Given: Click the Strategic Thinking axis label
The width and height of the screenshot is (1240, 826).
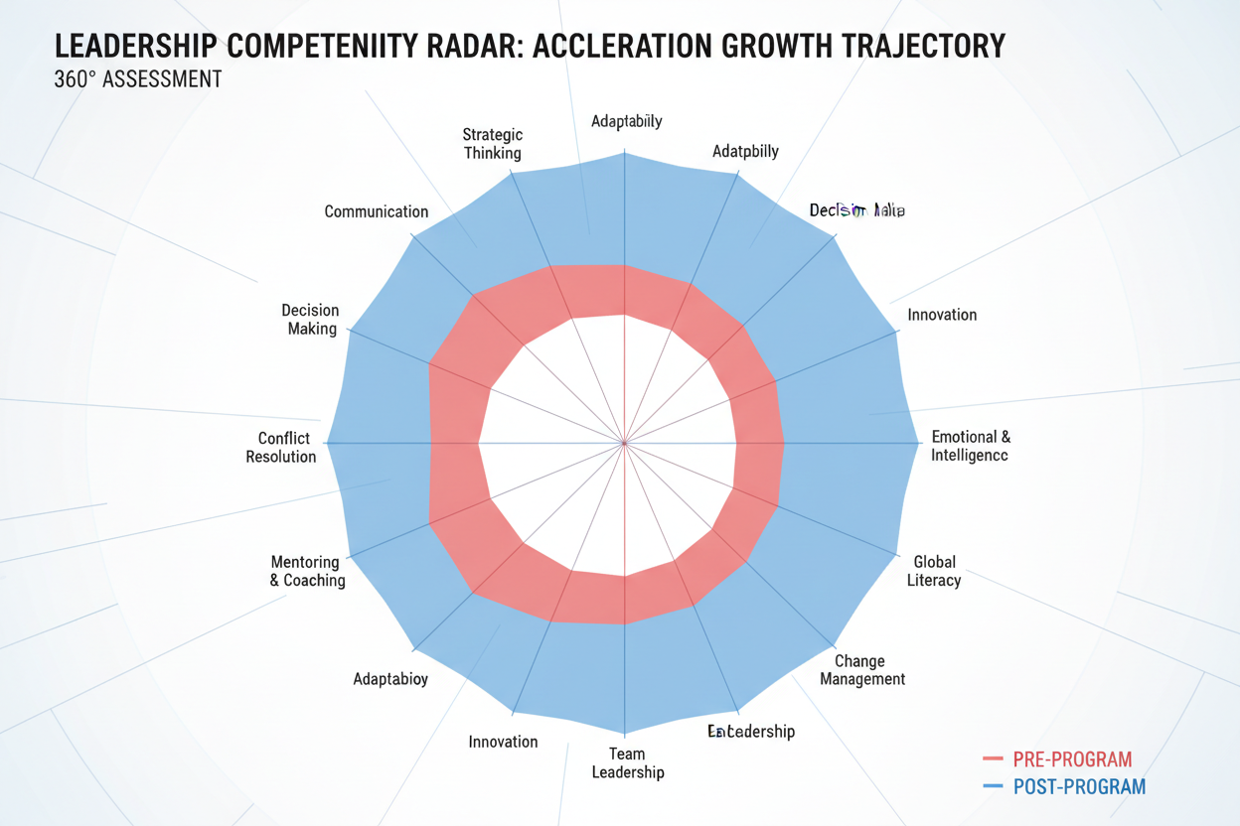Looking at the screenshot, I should (x=492, y=144).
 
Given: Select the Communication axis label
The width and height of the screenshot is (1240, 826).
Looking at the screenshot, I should (x=377, y=211).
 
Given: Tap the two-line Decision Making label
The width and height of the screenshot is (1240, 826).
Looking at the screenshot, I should (x=311, y=320).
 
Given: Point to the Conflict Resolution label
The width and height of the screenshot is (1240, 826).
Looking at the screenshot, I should (x=282, y=448).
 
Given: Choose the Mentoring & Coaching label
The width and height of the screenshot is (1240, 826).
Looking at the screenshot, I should (x=308, y=572).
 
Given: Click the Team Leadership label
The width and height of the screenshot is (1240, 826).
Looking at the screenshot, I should (x=628, y=762).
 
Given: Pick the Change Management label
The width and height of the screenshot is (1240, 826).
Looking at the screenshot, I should (x=862, y=670).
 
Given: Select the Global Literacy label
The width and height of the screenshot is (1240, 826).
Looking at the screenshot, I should (x=934, y=571).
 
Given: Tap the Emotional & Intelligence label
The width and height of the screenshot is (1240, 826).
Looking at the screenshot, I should (x=971, y=447).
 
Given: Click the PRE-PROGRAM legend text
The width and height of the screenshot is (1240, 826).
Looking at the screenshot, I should (x=1072, y=760).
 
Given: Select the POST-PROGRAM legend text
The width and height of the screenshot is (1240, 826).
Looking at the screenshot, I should (x=1079, y=787).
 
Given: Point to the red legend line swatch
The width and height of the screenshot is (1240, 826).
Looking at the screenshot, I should (x=993, y=760).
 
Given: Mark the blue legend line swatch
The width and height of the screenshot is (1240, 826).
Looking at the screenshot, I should (x=993, y=787).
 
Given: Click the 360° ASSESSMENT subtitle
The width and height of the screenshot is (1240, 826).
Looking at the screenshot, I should (x=138, y=79).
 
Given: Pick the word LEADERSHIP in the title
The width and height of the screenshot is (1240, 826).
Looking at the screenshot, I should (x=135, y=46).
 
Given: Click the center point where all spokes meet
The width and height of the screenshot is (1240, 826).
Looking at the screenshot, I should (x=624, y=443).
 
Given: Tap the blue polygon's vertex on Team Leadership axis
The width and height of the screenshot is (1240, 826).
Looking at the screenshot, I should (x=624, y=733).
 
